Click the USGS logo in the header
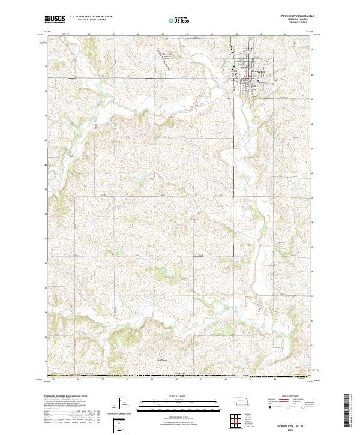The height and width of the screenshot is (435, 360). [55, 19]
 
